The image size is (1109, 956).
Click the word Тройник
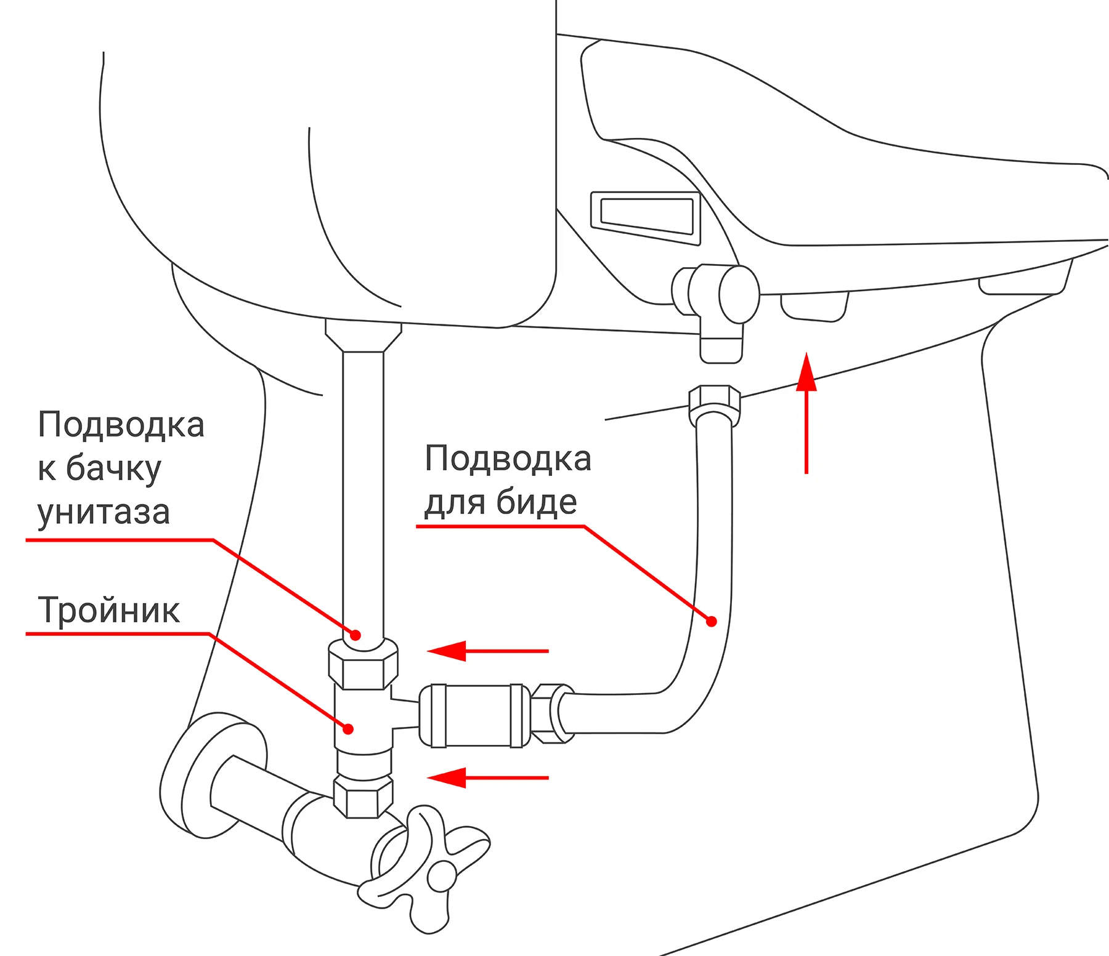click(x=109, y=610)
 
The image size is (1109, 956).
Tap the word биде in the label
click(x=537, y=502)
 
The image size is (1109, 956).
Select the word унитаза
click(x=104, y=512)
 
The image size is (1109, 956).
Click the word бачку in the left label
click(x=113, y=469)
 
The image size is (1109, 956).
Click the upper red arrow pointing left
click(x=487, y=651)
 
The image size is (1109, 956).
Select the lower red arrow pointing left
click(x=487, y=777)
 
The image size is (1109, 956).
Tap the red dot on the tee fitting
click(x=348, y=729)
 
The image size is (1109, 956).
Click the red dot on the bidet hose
click(x=712, y=621)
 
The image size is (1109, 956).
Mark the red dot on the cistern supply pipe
click(x=355, y=635)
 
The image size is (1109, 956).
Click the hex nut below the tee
click(x=364, y=797)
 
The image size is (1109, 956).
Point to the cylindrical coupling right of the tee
click(x=474, y=715)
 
